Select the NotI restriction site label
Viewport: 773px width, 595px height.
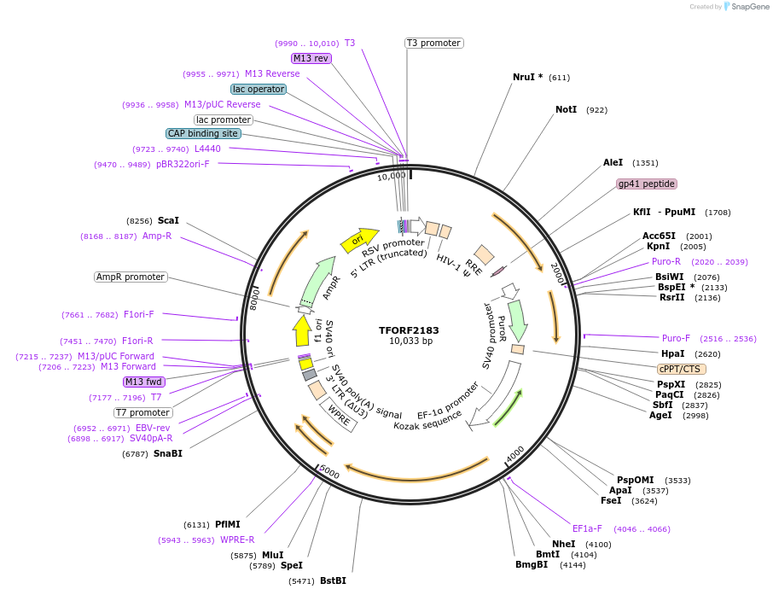pyautogui.click(x=566, y=110)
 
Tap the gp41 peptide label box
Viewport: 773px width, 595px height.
pyautogui.click(x=646, y=184)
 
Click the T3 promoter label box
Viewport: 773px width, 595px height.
pyautogui.click(x=433, y=43)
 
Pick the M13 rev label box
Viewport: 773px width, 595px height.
pyautogui.click(x=311, y=58)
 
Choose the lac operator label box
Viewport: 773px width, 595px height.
pyautogui.click(x=259, y=89)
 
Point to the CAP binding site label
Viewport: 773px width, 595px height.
pyautogui.click(x=203, y=133)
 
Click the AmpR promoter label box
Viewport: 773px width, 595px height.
pyautogui.click(x=131, y=277)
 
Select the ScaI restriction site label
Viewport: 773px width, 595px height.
pyautogui.click(x=168, y=220)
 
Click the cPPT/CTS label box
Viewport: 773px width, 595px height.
pyautogui.click(x=681, y=369)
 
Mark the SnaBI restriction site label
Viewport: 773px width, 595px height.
pyautogui.click(x=167, y=453)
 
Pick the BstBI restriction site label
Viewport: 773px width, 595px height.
pyautogui.click(x=333, y=581)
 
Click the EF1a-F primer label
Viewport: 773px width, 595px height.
pyautogui.click(x=587, y=528)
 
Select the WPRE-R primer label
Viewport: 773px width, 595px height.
pyautogui.click(x=237, y=540)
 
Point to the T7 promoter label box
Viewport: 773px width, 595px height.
pyautogui.click(x=143, y=412)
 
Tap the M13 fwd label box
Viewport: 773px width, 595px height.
pyautogui.click(x=143, y=382)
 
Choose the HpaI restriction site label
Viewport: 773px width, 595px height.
pyautogui.click(x=673, y=353)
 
